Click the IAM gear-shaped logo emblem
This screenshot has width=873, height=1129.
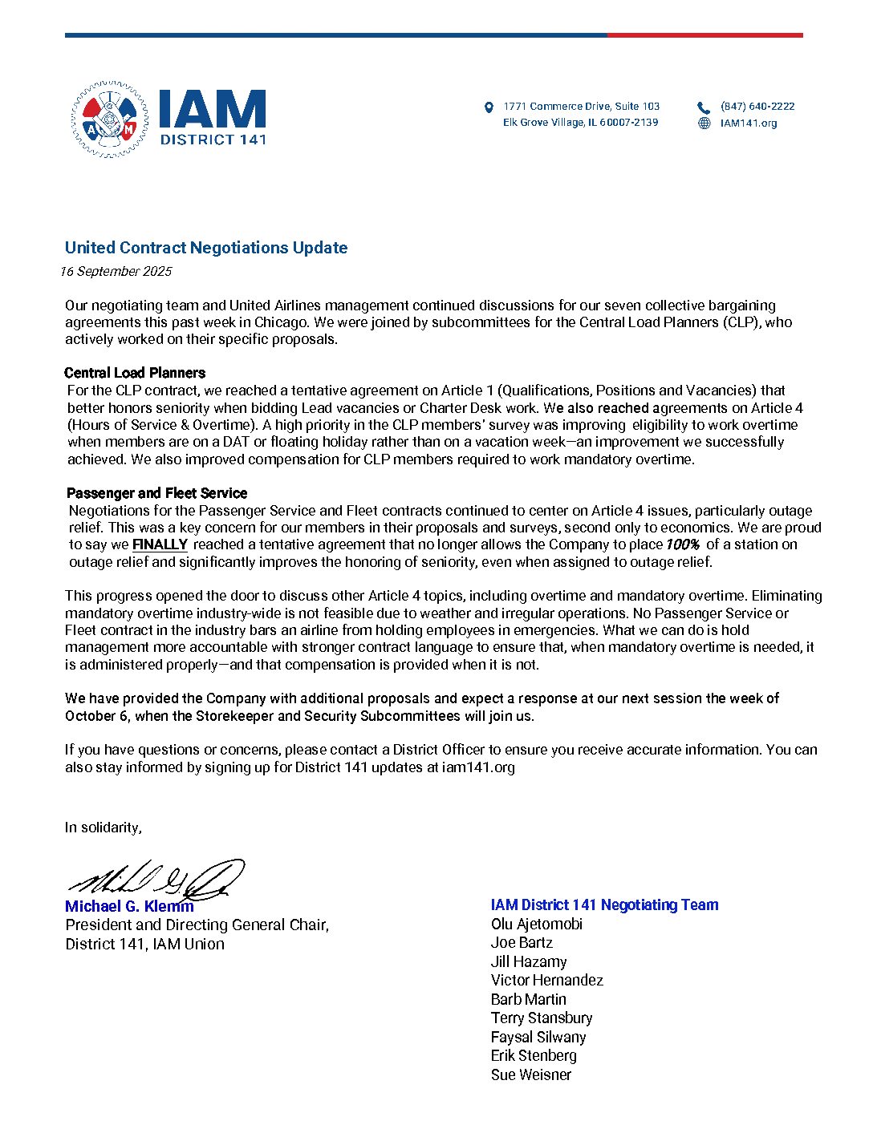[109, 119]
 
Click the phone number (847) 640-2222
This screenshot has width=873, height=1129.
[757, 107]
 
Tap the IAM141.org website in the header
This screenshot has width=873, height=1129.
[748, 123]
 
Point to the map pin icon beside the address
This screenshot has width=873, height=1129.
[489, 107]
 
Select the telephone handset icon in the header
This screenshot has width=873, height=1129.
[704, 107]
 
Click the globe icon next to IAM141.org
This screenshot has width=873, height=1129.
[704, 123]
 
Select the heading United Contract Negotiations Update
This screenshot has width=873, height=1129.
[206, 248]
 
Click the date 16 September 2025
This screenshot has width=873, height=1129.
[116, 271]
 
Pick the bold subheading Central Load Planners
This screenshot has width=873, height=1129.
[135, 373]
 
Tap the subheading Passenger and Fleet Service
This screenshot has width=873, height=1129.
[156, 493]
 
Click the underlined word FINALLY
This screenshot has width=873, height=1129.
[160, 544]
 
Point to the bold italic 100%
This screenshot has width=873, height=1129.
[682, 544]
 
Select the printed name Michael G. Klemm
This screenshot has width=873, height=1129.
[129, 907]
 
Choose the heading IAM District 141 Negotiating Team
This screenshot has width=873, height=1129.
[604, 905]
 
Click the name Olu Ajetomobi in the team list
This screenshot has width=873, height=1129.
[537, 925]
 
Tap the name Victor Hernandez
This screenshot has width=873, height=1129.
[546, 981]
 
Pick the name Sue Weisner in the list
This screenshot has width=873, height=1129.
[531, 1075]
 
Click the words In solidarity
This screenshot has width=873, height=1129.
[104, 828]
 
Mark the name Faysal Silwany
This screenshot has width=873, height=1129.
[538, 1038]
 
